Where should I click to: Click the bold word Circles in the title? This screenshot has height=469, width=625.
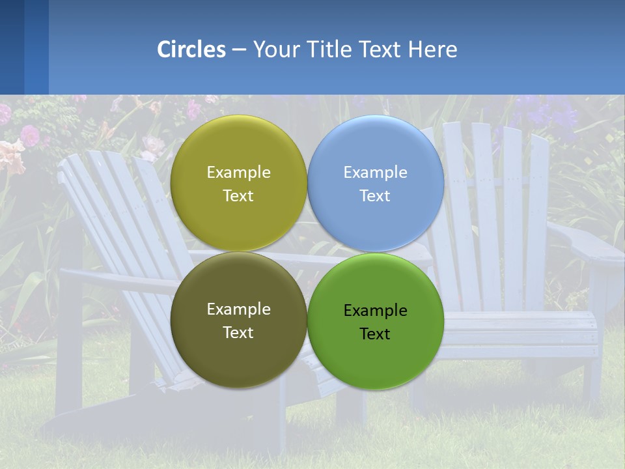click(x=191, y=50)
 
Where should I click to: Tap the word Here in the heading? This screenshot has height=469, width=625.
click(x=432, y=50)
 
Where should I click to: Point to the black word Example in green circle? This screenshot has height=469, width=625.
click(x=376, y=311)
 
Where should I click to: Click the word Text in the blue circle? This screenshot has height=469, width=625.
click(x=375, y=196)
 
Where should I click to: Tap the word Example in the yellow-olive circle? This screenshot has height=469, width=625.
click(x=238, y=173)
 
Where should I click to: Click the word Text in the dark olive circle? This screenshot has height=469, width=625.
click(x=238, y=333)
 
